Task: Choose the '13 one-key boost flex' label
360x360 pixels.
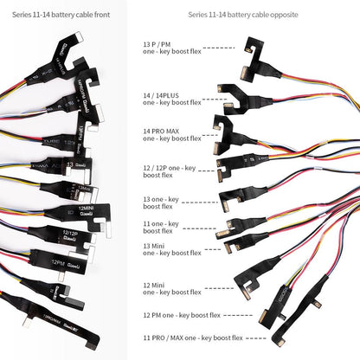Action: pos(161,202)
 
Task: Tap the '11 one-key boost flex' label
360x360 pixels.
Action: pos(161,227)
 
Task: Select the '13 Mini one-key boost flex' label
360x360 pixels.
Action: pos(171,248)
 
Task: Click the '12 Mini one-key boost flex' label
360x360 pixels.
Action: pos(171,287)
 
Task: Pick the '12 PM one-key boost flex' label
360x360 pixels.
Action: pos(179,316)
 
